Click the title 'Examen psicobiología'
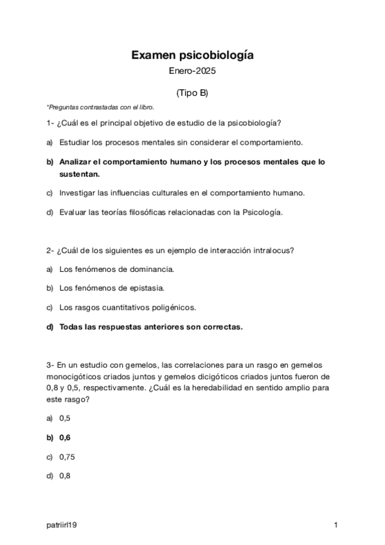click(x=192, y=56)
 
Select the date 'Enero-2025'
click(x=192, y=71)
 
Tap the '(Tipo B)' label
click(x=192, y=93)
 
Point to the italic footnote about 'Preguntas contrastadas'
click(x=101, y=107)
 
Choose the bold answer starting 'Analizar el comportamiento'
click(x=192, y=162)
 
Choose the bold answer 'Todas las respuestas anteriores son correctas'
click(x=151, y=326)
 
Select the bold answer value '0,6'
click(x=65, y=438)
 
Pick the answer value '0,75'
click(x=67, y=457)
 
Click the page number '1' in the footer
click(x=336, y=526)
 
